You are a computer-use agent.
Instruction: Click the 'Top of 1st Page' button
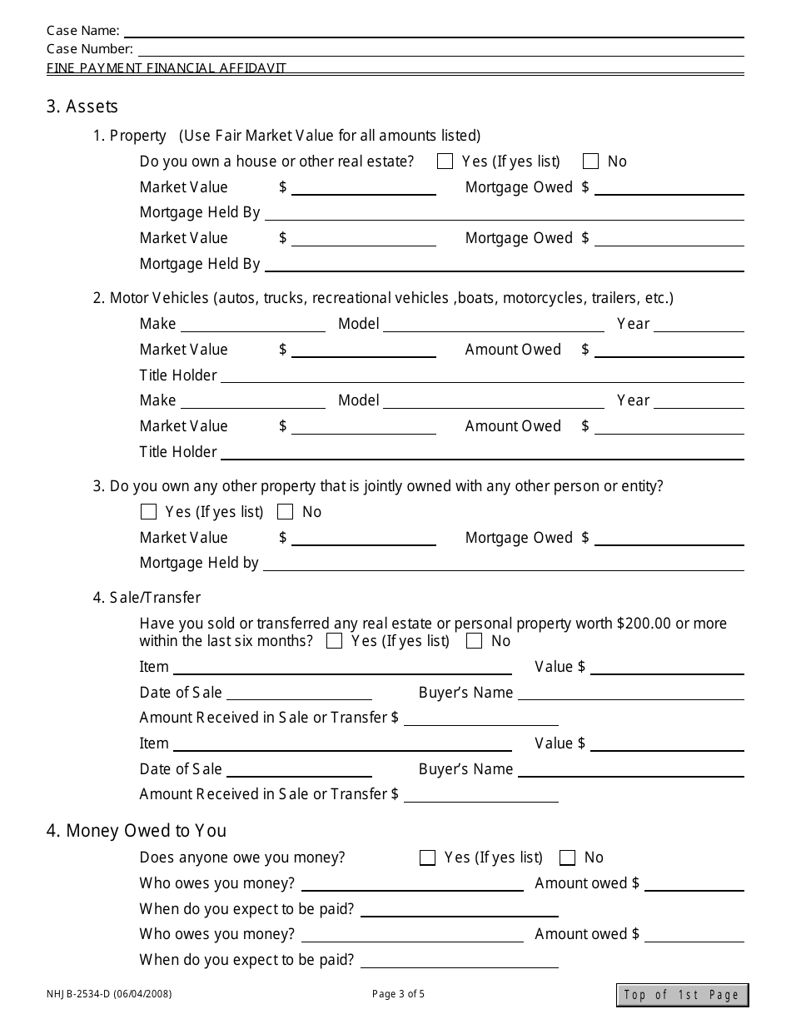pos(682,995)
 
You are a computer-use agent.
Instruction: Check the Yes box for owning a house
pos(445,162)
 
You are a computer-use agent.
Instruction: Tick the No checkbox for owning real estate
pos(591,162)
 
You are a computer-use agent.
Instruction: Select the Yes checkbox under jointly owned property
pos(149,512)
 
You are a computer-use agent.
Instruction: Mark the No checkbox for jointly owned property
pos(285,512)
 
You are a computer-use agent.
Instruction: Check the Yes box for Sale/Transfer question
pos(335,641)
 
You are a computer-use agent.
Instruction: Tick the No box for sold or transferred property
pos(475,641)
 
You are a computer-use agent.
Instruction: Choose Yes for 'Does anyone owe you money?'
pos(428,857)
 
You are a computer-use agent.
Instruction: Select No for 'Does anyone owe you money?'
pos(568,857)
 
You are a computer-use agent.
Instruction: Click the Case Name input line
pos(433,32)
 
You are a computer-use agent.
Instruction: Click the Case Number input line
pos(440,50)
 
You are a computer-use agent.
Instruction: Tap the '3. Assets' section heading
pos(82,107)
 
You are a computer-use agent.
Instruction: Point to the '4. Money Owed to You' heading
pos(137,831)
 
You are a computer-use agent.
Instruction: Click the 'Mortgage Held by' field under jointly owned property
pos(503,564)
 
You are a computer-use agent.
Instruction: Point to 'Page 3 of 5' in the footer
pos(398,994)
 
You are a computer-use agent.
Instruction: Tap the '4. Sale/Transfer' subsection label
pos(147,598)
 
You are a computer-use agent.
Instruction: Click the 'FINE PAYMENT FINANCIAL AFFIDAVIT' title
pos(167,68)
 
